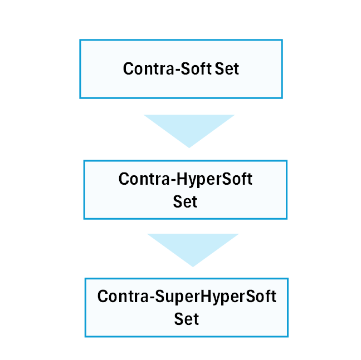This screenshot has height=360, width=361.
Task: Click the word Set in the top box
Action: click(x=227, y=68)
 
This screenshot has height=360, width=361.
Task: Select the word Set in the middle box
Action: click(x=185, y=201)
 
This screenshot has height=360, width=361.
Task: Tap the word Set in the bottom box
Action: click(x=186, y=319)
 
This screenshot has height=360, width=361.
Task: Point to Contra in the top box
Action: click(x=149, y=68)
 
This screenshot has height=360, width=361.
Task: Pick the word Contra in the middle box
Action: click(x=144, y=179)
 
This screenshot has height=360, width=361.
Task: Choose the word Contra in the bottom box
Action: click(x=123, y=296)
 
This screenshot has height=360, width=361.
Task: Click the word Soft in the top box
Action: click(x=196, y=68)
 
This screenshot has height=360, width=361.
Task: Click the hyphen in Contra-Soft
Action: click(x=178, y=69)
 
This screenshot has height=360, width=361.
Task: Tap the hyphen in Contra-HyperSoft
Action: click(x=173, y=180)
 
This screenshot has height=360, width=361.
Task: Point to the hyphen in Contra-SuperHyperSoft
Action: click(x=152, y=297)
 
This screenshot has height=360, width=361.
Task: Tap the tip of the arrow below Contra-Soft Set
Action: click(x=189, y=148)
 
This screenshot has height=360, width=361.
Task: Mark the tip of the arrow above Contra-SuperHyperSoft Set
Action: click(x=193, y=267)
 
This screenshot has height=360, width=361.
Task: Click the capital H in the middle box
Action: click(x=182, y=179)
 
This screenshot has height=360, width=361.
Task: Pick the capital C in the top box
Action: click(x=128, y=68)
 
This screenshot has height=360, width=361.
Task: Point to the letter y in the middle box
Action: click(x=193, y=183)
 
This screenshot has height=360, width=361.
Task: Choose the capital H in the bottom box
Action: click(x=206, y=296)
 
